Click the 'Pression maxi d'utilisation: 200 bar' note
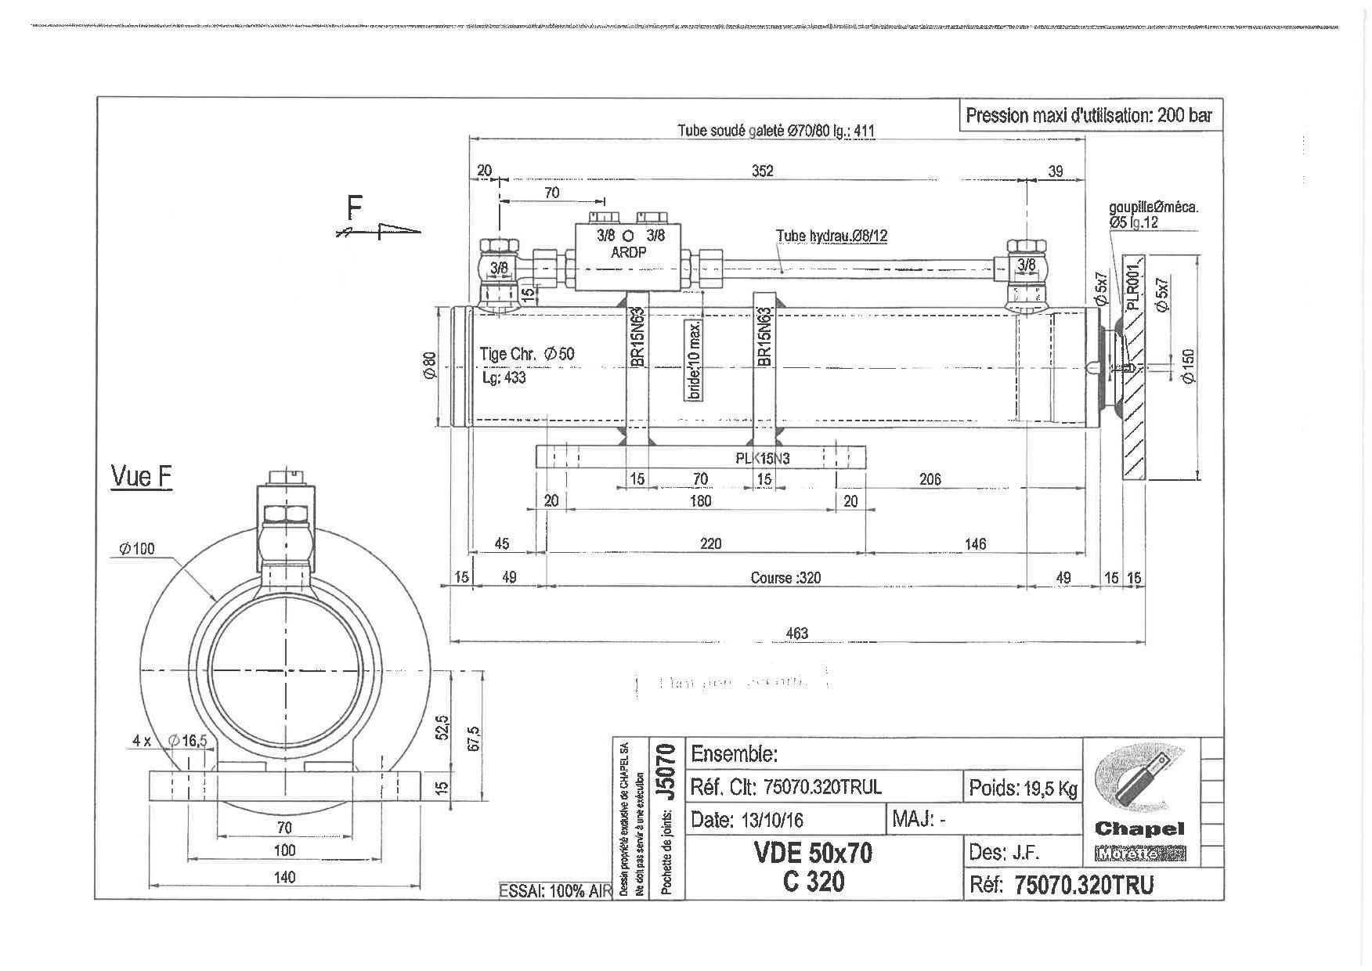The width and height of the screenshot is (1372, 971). [x=1088, y=116]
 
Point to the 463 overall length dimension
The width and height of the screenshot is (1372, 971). [x=796, y=633]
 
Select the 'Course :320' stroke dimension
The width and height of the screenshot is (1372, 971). [x=785, y=578]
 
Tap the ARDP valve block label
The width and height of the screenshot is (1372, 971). [x=628, y=252]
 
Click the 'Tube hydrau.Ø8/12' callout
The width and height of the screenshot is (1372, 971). [x=832, y=235]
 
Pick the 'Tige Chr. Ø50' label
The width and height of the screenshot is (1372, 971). [x=527, y=354]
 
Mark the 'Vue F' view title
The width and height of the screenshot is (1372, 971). [x=142, y=476]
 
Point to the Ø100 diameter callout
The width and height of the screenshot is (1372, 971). [x=137, y=549]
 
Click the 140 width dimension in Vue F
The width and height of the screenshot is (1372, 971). [x=284, y=877]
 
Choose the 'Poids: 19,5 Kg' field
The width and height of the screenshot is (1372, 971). [x=1023, y=788]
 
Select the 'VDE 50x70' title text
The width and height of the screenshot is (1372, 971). [x=813, y=852]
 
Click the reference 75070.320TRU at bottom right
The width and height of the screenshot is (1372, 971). [x=1084, y=885]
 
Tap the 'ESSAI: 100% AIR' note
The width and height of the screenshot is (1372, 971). [x=554, y=891]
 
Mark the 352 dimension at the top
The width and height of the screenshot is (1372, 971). [x=762, y=171]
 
